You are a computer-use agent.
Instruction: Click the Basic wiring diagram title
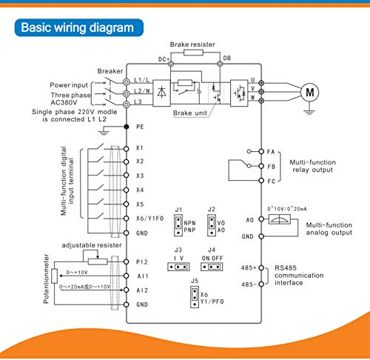77,28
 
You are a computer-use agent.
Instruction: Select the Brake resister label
193,45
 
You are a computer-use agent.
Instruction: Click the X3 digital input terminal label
140,176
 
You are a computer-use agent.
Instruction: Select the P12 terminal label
141,261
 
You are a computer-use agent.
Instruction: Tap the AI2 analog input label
141,290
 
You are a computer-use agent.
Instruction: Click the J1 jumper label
178,209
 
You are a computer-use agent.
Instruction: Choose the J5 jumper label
195,281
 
